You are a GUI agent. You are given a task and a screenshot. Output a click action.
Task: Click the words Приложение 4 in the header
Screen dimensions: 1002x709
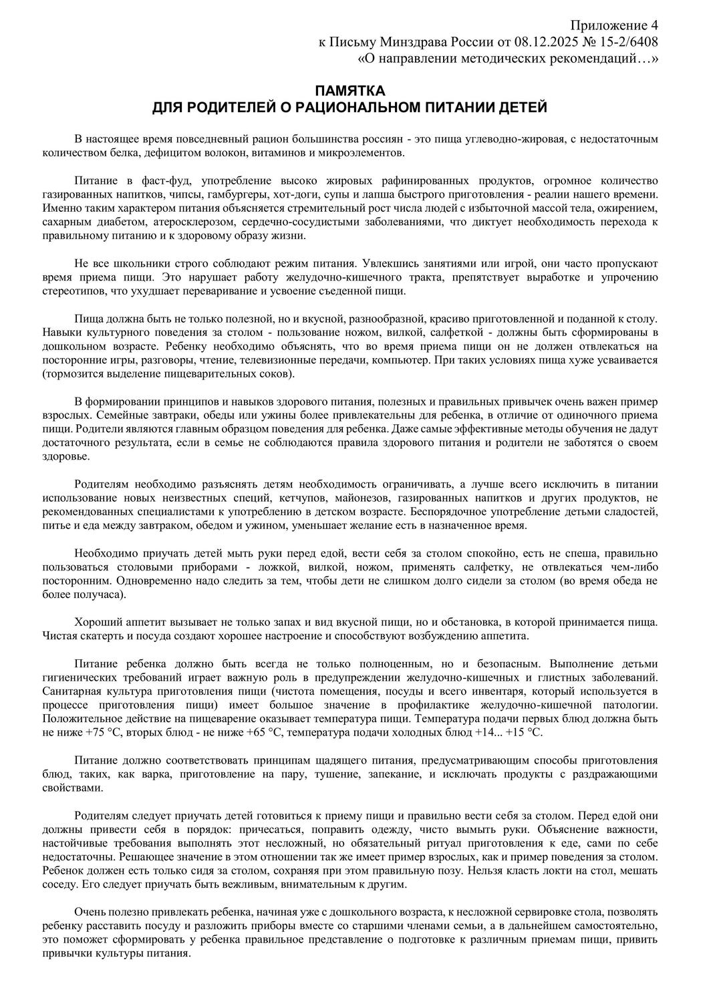click(x=621, y=25)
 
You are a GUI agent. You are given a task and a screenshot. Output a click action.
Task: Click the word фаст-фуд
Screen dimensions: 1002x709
click(x=145, y=181)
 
